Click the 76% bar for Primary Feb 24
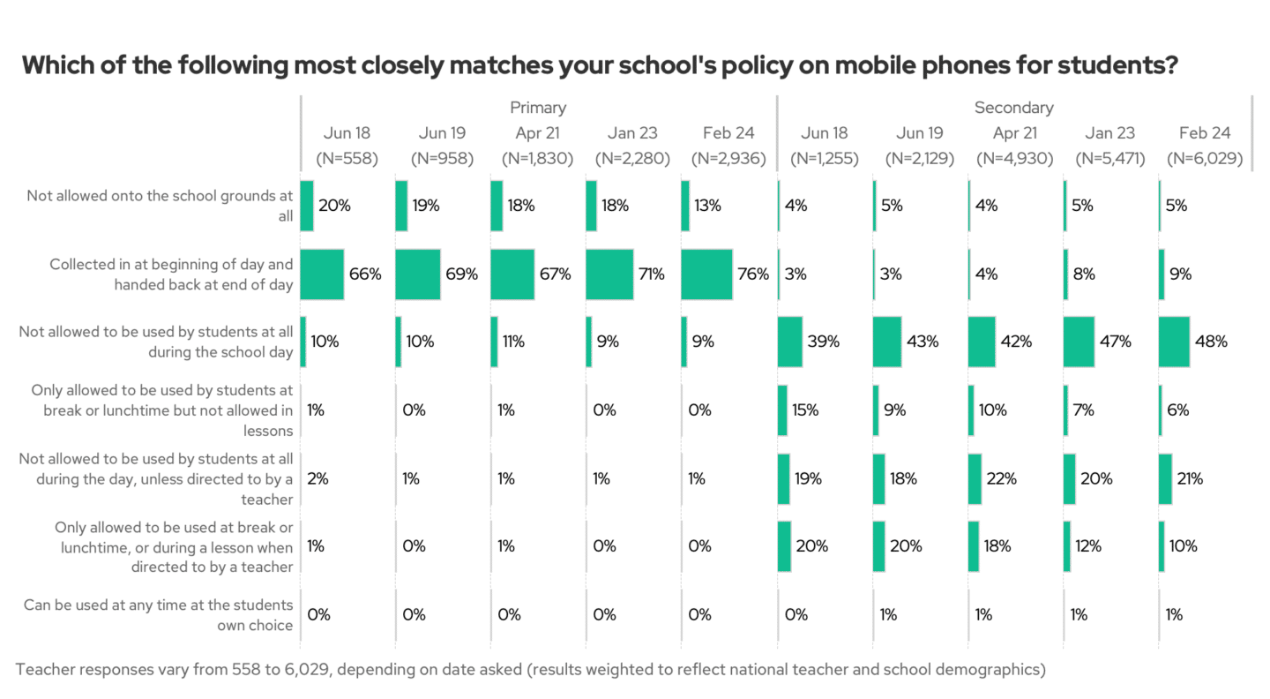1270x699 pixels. coord(706,274)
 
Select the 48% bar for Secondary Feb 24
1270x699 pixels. coord(1174,342)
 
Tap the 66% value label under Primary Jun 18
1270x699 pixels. coord(365,274)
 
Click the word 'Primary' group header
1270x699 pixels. coord(538,108)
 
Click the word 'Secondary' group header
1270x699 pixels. coord(1013,108)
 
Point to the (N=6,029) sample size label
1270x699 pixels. coord(1205,160)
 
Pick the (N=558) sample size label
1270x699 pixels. coord(347,160)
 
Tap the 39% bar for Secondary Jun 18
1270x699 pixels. coord(790,342)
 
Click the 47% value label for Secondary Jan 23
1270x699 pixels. coord(1115,342)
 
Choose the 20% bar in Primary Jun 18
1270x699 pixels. coord(307,206)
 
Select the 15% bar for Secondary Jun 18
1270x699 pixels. coord(782,410)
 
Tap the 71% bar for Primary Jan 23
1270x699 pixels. coord(609,274)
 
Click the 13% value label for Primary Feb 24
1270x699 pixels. coord(707,206)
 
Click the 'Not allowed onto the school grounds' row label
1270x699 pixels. coord(160,206)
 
